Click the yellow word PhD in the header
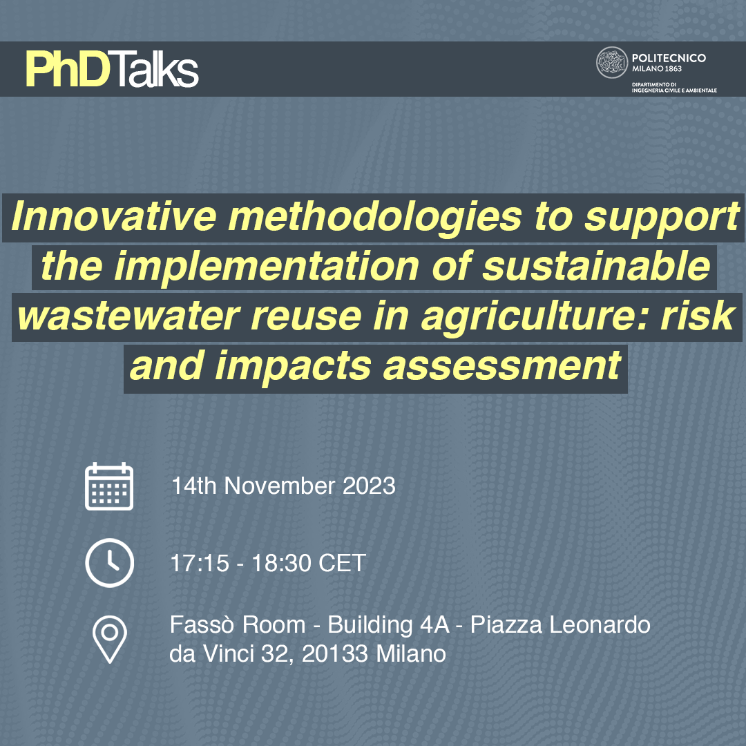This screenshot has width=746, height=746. (68, 70)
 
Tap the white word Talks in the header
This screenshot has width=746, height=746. (155, 70)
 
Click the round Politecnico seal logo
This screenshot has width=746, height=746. (612, 62)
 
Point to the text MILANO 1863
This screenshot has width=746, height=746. (657, 69)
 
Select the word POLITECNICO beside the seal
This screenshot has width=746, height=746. (669, 58)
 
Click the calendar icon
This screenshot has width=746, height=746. (109, 486)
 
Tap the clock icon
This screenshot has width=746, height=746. (109, 563)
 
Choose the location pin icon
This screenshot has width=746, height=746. (109, 640)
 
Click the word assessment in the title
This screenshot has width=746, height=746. (502, 366)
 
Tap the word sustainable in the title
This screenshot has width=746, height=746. (597, 266)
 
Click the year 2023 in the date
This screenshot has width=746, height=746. (369, 486)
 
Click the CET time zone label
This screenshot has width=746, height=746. (342, 564)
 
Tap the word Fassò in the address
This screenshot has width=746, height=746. (204, 624)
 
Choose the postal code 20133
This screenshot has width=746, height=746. (335, 653)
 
